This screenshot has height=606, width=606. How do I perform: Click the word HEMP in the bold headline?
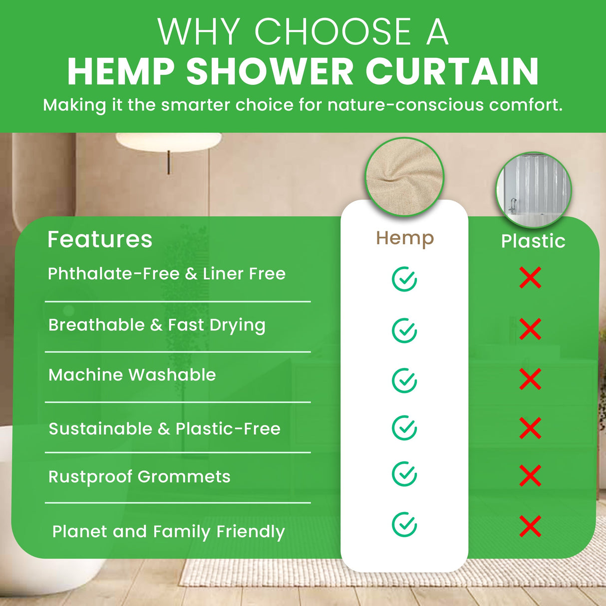click(121, 72)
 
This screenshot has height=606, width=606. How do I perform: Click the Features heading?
click(100, 240)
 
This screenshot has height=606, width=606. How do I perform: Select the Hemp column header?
click(405, 239)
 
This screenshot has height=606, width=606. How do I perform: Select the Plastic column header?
click(533, 241)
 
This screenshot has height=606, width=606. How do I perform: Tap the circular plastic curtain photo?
click(534, 190)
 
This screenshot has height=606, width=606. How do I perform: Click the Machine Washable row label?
click(132, 375)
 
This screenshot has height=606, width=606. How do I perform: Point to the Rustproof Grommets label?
click(139, 477)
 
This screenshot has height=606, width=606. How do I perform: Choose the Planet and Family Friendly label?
click(168, 532)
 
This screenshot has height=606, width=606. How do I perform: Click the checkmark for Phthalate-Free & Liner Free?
click(404, 279)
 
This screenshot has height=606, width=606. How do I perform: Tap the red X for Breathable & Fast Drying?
click(530, 329)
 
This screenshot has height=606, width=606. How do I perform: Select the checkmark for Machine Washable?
click(404, 381)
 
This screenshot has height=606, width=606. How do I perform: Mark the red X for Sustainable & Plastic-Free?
click(530, 428)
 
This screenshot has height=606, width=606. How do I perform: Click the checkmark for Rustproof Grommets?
click(404, 474)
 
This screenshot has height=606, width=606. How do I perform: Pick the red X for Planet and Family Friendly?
click(530, 526)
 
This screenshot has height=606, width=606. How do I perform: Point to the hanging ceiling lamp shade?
click(169, 141)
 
